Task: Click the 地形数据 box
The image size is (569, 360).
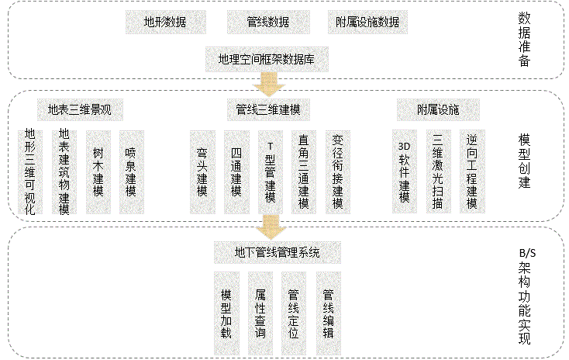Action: click(x=164, y=22)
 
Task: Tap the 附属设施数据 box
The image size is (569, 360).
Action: click(x=363, y=22)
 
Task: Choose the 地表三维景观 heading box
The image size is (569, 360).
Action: click(x=80, y=109)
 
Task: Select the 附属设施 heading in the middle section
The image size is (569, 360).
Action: click(x=437, y=109)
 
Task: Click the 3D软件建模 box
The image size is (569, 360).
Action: click(x=403, y=171)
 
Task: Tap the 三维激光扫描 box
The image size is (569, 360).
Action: click(x=438, y=171)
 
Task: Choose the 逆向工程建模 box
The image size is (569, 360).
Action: click(x=471, y=171)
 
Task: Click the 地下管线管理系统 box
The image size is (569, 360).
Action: click(x=277, y=252)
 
